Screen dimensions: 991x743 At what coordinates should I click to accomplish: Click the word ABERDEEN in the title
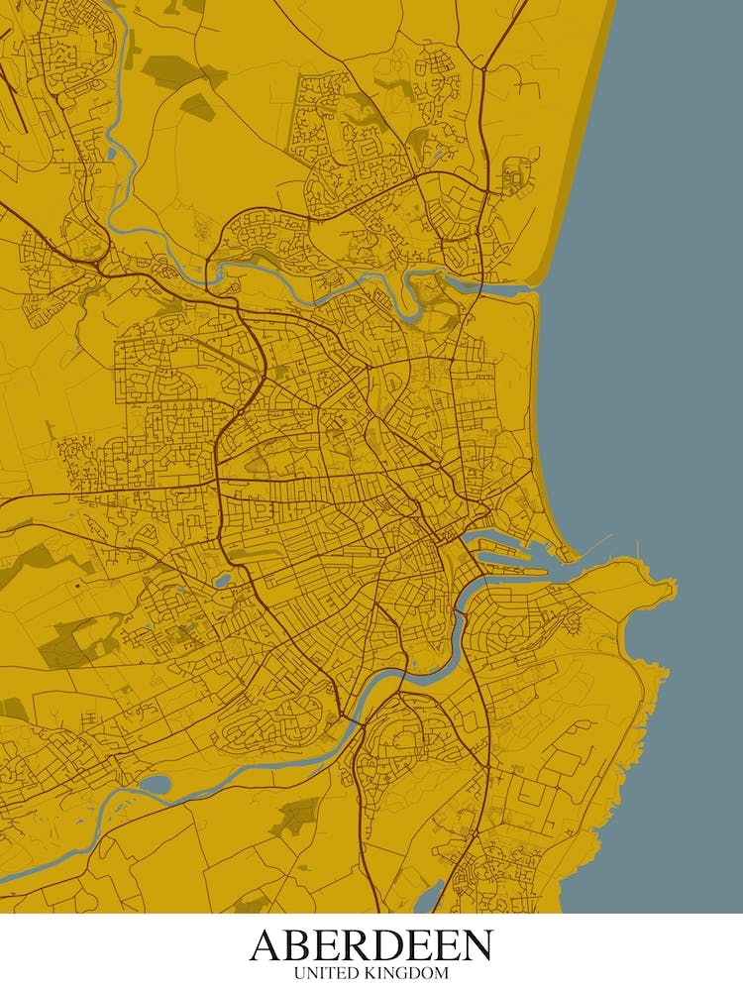coord(371,945)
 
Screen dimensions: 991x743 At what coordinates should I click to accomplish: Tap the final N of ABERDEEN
coord(475,945)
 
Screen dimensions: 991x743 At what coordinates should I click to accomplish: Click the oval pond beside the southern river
coord(156,785)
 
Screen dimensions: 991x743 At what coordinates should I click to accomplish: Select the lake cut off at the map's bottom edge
coord(428,899)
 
